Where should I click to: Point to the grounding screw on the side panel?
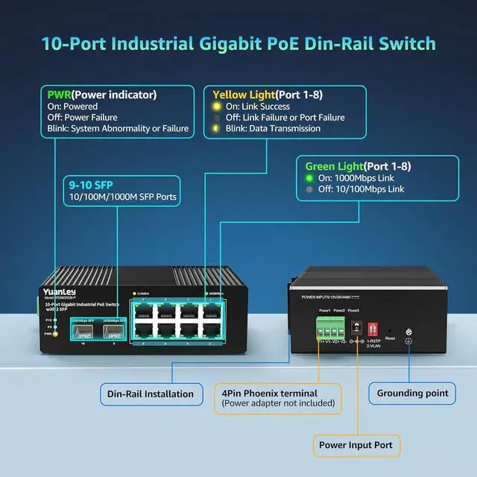pos(408,332)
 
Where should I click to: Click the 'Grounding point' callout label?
pos(412,393)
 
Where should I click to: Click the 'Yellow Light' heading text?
pos(244,95)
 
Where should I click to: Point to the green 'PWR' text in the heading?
pos(59,95)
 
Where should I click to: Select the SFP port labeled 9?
pos(114,330)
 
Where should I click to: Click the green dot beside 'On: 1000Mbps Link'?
pos(309,179)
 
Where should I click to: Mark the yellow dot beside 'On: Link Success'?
pos(217,107)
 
